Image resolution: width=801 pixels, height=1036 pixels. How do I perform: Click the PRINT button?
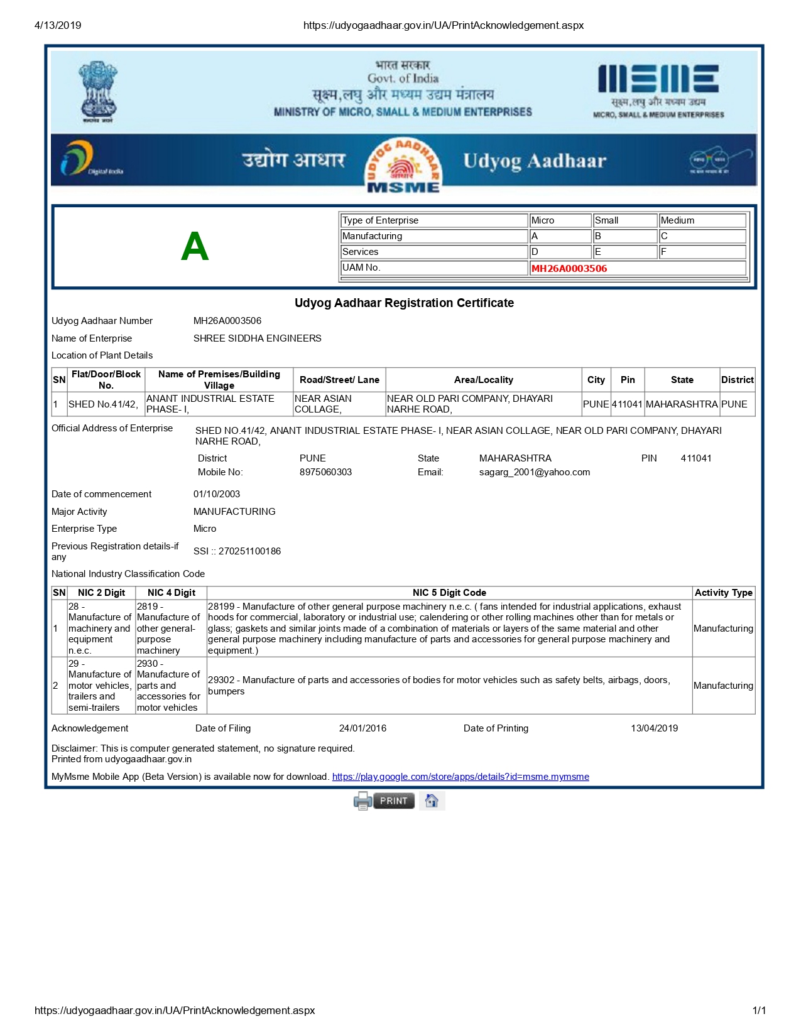(393, 801)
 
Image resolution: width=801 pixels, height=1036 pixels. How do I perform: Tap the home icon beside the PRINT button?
(432, 801)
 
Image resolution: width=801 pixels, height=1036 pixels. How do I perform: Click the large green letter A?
(195, 246)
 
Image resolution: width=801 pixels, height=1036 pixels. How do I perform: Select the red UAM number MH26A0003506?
(569, 268)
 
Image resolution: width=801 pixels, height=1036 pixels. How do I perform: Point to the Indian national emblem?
(98, 91)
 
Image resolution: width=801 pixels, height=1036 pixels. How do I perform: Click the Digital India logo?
(91, 159)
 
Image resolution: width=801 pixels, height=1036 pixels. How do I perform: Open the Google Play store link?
(460, 777)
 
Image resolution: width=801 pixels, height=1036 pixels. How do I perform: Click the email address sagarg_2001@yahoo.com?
(535, 472)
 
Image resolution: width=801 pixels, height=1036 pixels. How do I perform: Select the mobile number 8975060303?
(325, 472)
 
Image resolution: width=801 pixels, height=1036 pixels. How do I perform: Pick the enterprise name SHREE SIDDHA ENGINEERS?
(257, 338)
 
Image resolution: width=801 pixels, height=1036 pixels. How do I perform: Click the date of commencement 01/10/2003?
(217, 494)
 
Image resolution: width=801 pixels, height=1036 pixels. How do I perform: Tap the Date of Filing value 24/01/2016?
(362, 728)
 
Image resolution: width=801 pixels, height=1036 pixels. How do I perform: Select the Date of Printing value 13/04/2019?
(654, 728)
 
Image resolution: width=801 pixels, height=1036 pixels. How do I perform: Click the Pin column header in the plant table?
(628, 380)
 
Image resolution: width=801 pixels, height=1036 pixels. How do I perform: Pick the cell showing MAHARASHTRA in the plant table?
(682, 404)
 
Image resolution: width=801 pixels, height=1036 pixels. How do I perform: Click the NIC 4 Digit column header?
(172, 593)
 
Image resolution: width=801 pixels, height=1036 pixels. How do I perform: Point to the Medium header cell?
(702, 220)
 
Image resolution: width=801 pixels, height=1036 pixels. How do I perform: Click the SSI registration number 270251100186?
(249, 551)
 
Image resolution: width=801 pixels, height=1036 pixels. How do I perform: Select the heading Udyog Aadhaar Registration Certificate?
(404, 303)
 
